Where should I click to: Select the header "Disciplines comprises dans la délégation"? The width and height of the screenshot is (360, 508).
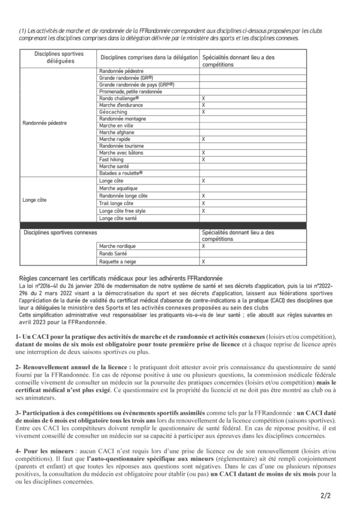tap(148, 58)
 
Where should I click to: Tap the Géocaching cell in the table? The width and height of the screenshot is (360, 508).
tap(113, 112)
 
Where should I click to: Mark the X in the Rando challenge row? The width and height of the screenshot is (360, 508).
tap(203, 98)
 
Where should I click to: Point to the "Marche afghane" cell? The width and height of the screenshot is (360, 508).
tap(117, 132)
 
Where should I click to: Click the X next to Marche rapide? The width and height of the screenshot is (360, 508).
tap(203, 139)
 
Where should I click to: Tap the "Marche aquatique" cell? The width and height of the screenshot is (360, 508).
tap(118, 189)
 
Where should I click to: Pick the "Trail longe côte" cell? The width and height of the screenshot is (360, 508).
tap(116, 203)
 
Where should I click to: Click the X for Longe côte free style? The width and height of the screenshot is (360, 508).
tap(203, 211)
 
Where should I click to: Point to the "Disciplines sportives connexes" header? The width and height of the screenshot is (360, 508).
tap(61, 232)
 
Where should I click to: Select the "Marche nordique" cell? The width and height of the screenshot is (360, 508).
tap(117, 246)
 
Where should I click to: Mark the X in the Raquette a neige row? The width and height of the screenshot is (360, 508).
tap(203, 261)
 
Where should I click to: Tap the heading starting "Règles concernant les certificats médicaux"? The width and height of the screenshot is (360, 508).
tap(121, 279)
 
